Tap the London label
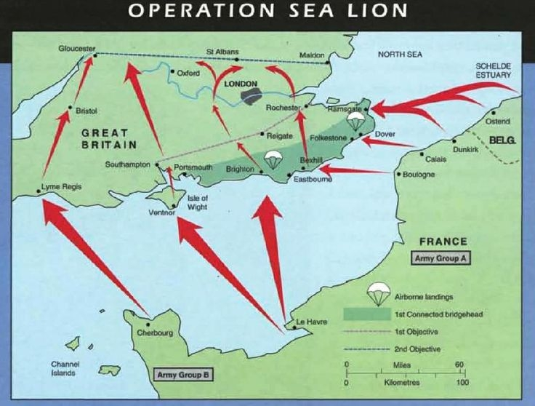click(241, 84)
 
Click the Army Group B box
click(183, 375)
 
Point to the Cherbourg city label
click(155, 333)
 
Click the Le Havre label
click(308, 321)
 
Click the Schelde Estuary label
click(494, 70)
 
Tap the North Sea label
click(400, 55)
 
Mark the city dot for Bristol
click(70, 109)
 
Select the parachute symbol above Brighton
click(272, 159)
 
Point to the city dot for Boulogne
click(398, 175)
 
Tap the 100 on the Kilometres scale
click(461, 381)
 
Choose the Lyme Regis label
click(62, 186)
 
